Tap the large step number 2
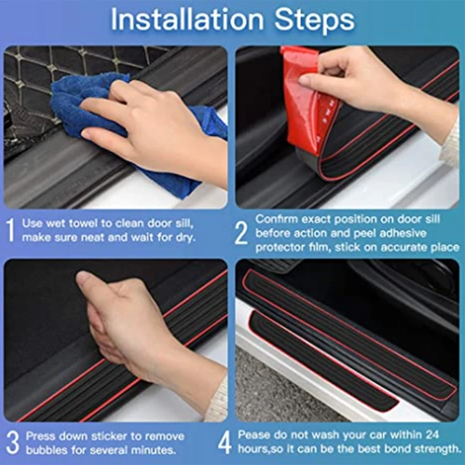pos(241,233)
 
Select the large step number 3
pos(11,442)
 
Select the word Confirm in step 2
pos(275,220)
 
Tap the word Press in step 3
pos(39,436)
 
